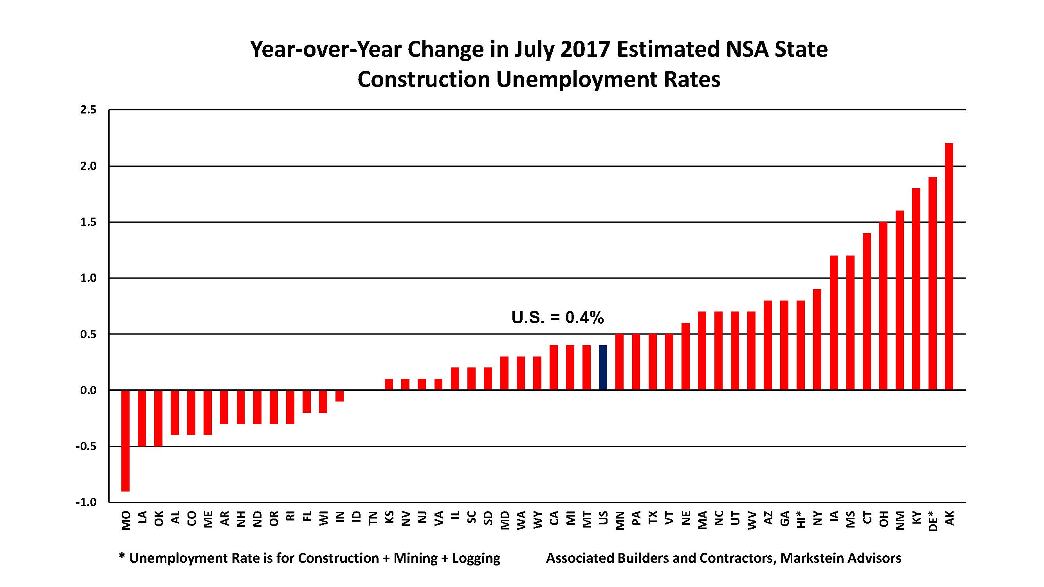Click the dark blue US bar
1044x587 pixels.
pos(603,367)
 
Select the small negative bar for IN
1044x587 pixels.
pos(340,396)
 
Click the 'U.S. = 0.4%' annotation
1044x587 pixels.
pos(557,318)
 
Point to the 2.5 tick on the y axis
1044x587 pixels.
pos(88,110)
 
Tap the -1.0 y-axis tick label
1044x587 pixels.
pos(87,502)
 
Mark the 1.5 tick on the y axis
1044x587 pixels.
pos(88,222)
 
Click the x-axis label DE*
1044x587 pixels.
pos(932,521)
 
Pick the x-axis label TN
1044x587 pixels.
pos(372,518)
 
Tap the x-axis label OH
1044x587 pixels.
pos(883,519)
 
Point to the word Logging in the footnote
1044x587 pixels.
pos(476,558)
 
